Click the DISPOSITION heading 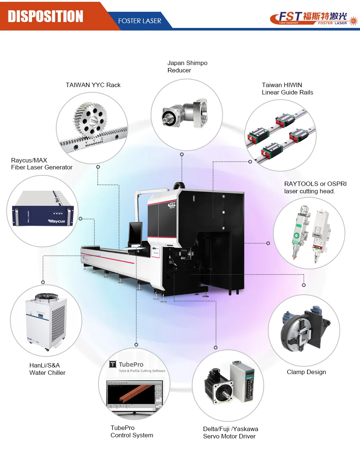pos(46,16)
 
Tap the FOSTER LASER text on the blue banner pos(140,21)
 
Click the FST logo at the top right pos(312,18)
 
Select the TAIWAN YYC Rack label pos(93,85)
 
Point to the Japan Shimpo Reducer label pos(187,67)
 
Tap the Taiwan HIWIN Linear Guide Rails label pos(287,89)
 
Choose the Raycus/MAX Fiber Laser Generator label pos(42,164)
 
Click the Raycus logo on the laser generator pos(57,221)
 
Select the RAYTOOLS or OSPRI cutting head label pos(315,187)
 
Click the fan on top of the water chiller pos(46,298)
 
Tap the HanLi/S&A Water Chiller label pos(47,369)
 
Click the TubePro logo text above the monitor pos(131,365)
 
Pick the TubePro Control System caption pos(132,431)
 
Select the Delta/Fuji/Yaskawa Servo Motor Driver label pos(230,433)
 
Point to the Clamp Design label pos(306,372)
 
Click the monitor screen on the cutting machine pos(135,233)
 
